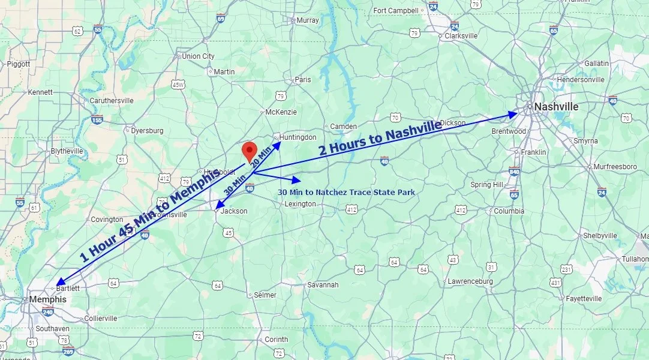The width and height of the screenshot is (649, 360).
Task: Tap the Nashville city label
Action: pyautogui.click(x=556, y=107)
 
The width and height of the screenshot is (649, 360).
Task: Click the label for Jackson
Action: pyautogui.click(x=233, y=211)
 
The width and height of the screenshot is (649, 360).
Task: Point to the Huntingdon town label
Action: pyautogui.click(x=298, y=137)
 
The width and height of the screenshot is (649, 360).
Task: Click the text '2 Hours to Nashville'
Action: pyautogui.click(x=380, y=139)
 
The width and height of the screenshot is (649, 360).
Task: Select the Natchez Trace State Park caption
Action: pyautogui.click(x=346, y=192)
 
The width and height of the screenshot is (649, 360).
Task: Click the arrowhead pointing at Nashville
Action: pyautogui.click(x=513, y=113)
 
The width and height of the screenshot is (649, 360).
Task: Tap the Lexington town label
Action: pyautogui.click(x=300, y=204)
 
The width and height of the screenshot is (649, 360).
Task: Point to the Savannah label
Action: pyautogui.click(x=323, y=285)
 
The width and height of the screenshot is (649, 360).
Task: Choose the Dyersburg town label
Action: pyautogui.click(x=147, y=130)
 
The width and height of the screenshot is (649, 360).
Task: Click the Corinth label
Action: pyautogui.click(x=277, y=339)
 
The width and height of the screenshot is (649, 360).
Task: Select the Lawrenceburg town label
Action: pyautogui.click(x=470, y=281)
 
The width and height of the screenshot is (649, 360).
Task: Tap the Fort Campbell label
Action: pyautogui.click(x=395, y=10)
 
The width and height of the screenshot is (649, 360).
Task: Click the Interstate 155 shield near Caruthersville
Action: pyautogui.click(x=97, y=119)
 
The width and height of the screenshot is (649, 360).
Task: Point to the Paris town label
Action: pyautogui.click(x=303, y=79)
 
